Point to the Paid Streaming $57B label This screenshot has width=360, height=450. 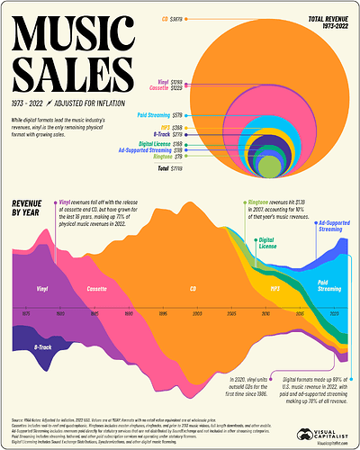166,116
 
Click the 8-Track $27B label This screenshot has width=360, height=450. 172,132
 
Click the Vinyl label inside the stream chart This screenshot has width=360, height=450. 42,289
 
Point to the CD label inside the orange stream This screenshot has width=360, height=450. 192,289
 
